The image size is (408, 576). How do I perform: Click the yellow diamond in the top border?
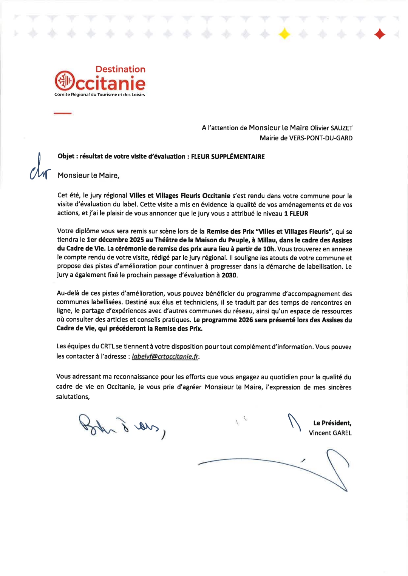click(284, 34)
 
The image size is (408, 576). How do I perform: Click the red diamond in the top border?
click(380, 34)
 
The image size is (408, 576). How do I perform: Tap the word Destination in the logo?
click(120, 69)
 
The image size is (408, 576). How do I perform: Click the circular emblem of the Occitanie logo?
click(64, 80)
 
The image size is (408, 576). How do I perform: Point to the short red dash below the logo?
click(62, 113)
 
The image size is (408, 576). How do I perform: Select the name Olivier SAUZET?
click(331, 128)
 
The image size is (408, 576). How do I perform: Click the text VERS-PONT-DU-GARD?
click(321, 138)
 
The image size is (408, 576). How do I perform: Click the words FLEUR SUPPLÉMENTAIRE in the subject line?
click(228, 157)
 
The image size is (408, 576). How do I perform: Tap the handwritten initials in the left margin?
click(40, 169)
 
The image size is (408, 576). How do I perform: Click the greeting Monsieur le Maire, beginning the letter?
click(88, 176)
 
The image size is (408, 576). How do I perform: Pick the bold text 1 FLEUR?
click(296, 214)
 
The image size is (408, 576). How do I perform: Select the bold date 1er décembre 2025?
click(115, 240)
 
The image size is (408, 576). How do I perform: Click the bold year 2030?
click(229, 275)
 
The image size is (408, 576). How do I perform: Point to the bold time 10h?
click(269, 249)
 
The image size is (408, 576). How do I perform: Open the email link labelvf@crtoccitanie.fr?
click(165, 357)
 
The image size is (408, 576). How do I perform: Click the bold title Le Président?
click(332, 423)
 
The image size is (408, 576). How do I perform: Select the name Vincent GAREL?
click(330, 433)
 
